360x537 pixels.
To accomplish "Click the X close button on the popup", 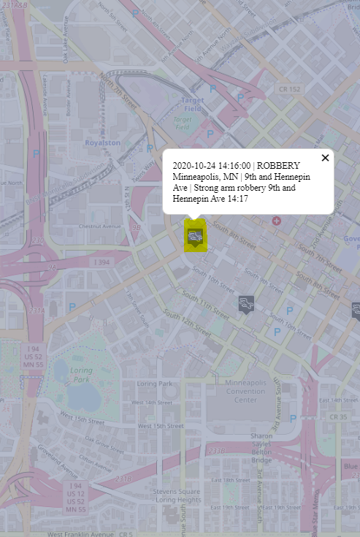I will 325,158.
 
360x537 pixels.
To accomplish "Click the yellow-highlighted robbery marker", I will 195,236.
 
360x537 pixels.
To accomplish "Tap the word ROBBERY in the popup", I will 278,166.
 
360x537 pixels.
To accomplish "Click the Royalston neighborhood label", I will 102,143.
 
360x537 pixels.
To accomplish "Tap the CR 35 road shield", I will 338,417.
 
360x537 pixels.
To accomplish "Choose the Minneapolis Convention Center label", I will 245,392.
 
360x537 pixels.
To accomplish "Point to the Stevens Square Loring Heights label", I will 177,496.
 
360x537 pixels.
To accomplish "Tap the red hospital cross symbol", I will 276,220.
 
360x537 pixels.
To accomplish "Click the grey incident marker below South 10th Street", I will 246,304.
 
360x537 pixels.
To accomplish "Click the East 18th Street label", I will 237,480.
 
